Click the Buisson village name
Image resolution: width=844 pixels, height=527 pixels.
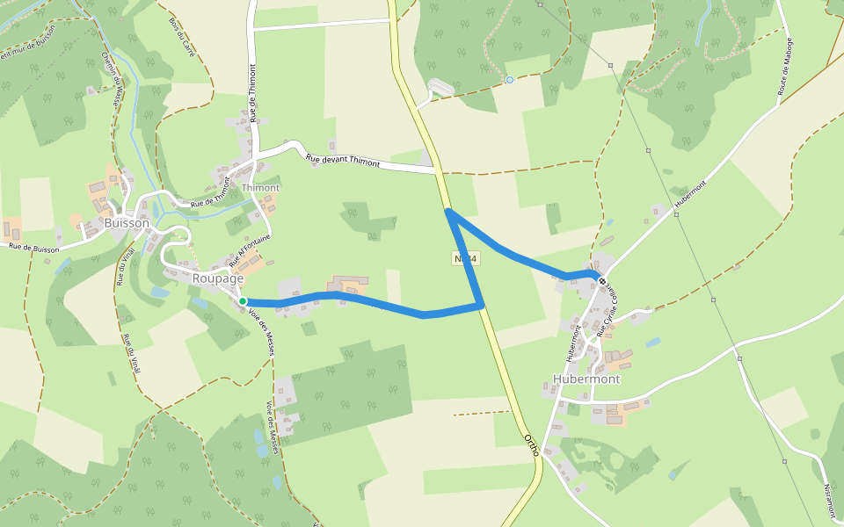[x=127, y=223]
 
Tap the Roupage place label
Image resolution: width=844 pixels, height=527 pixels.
[x=217, y=278]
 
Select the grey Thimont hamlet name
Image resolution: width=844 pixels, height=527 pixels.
[x=260, y=188]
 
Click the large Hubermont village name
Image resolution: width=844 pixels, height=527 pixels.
[x=586, y=379]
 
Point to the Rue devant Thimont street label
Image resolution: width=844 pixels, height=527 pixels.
[x=343, y=161]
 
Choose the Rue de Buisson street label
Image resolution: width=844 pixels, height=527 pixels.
[x=33, y=249]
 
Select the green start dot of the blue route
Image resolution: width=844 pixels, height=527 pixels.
[x=243, y=301]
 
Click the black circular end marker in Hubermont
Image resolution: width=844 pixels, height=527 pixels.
[x=602, y=281]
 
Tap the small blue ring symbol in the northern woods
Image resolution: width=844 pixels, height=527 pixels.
[x=509, y=80]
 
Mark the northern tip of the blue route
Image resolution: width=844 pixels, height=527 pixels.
[x=448, y=212]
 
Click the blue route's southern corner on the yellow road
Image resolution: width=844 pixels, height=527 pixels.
[x=481, y=306]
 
